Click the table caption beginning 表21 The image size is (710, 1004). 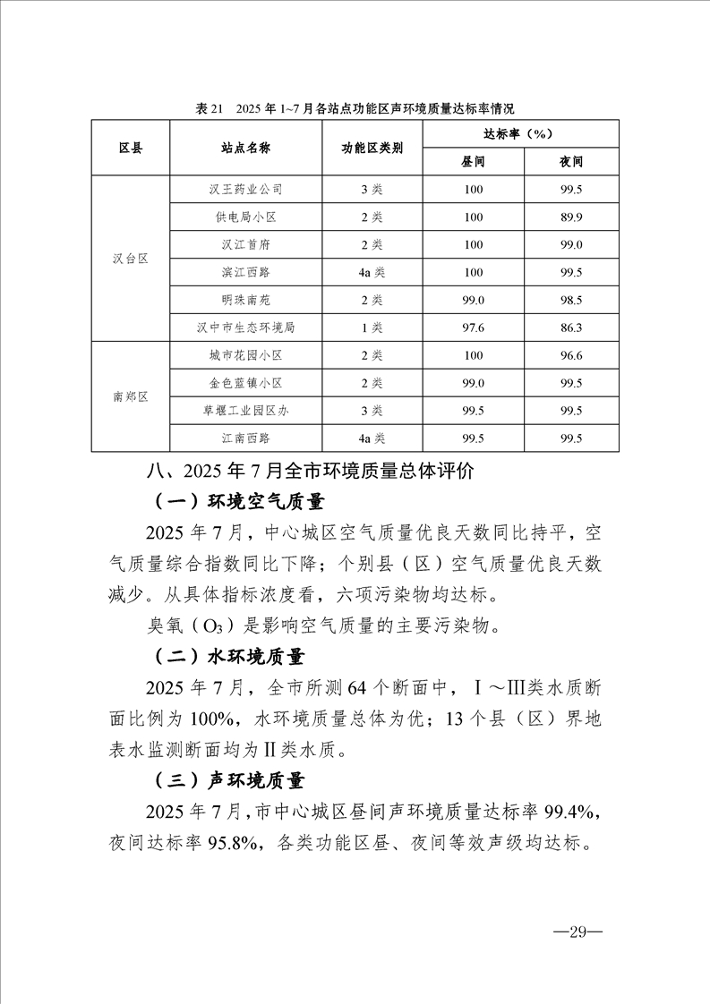pos(355,108)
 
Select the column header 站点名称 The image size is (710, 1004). pos(245,148)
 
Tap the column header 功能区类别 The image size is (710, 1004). pos(372,148)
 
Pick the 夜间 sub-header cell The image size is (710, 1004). pos(570,162)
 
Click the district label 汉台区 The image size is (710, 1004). pos(130,258)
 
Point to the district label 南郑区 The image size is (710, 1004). pos(130,396)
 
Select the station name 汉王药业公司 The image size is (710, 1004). pos(245,190)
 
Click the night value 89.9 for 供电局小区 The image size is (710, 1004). pos(570,217)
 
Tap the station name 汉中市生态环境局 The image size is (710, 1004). pos(245,328)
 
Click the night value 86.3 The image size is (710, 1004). pos(570,328)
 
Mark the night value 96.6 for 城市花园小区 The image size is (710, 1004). pos(570,355)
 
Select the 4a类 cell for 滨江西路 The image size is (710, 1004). pos(372,272)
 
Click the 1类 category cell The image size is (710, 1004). pos(372,328)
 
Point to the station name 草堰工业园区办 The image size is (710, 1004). pos(245,411)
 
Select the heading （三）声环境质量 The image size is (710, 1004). pos(229,781)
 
